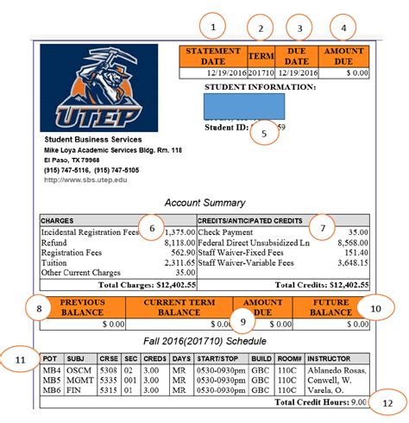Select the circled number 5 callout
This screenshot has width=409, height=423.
(x=263, y=133)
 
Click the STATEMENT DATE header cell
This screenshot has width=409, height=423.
(x=213, y=56)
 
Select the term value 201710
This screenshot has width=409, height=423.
(x=261, y=73)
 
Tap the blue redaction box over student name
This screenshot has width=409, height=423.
(x=244, y=108)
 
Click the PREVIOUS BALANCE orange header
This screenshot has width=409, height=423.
(x=83, y=306)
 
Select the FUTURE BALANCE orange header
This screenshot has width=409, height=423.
(x=330, y=306)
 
